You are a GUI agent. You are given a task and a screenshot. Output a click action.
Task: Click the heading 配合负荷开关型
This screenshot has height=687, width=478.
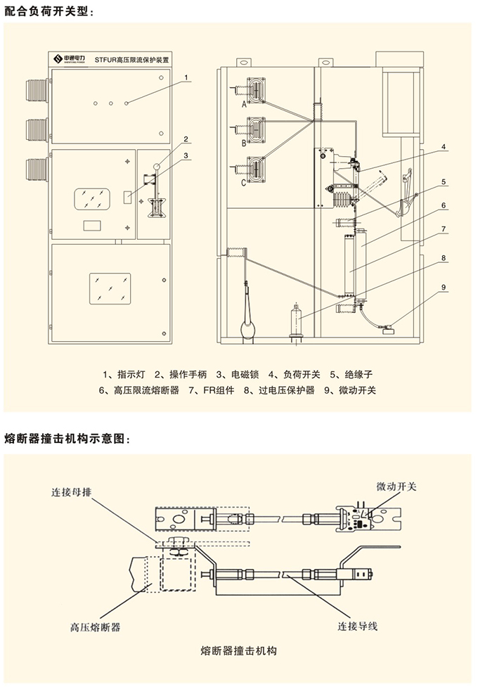click(48, 11)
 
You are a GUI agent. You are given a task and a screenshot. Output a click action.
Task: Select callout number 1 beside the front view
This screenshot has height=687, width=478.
click(186, 77)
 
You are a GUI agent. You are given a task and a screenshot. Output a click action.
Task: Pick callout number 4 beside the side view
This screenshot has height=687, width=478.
click(444, 148)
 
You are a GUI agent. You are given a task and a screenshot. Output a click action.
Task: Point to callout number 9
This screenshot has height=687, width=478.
click(444, 287)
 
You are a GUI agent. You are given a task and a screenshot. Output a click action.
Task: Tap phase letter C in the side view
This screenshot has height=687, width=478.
click(243, 183)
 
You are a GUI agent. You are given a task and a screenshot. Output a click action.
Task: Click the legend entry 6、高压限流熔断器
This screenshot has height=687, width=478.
click(139, 390)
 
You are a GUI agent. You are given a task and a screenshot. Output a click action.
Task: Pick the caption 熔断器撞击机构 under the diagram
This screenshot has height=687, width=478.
click(240, 650)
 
